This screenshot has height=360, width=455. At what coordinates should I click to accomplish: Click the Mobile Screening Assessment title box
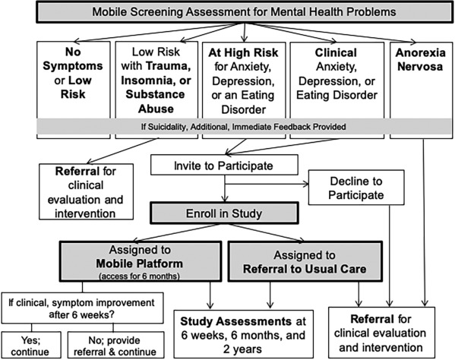coord(244,12)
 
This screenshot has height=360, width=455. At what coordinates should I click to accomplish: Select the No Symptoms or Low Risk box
coord(74,90)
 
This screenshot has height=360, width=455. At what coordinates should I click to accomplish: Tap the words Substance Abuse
coord(156,102)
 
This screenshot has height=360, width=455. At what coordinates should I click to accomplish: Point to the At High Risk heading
coord(243,52)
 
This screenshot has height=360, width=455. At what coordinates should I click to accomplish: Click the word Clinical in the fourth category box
coord(336,52)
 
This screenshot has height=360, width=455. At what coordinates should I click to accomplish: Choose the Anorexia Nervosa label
coord(421,59)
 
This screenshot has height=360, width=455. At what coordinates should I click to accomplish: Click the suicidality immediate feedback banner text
coord(244,127)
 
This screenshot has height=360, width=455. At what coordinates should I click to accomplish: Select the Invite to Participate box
coord(224,165)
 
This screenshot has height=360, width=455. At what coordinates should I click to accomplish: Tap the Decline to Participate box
coord(356,188)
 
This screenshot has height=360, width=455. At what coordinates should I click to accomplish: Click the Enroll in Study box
coord(224,213)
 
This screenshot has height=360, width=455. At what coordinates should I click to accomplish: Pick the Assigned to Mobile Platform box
coord(141,261)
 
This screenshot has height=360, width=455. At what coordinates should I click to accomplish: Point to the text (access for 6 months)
coord(139,276)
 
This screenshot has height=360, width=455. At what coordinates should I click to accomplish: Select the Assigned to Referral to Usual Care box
coord(305,261)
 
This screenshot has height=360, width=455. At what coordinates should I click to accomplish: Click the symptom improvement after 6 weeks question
coord(82,308)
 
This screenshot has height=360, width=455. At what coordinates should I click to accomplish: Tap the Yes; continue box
coord(31,346)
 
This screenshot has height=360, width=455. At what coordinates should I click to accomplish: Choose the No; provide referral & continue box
coord(115,346)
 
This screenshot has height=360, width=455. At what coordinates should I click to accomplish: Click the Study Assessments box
coord(244,334)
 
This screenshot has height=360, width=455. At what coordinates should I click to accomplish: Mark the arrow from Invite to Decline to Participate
coord(267,184)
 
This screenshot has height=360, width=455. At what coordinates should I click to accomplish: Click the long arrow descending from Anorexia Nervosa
coord(424,223)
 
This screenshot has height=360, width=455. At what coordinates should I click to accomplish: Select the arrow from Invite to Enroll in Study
coord(225,188)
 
